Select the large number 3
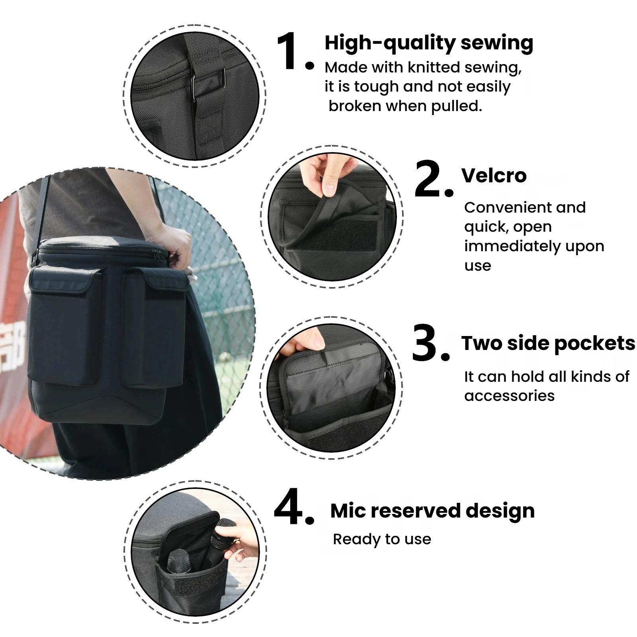coord(425,343)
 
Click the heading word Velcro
coord(494,175)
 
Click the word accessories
coord(509,396)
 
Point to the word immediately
coord(512,246)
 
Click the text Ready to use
coord(382,539)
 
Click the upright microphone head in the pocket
coord(178,561)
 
